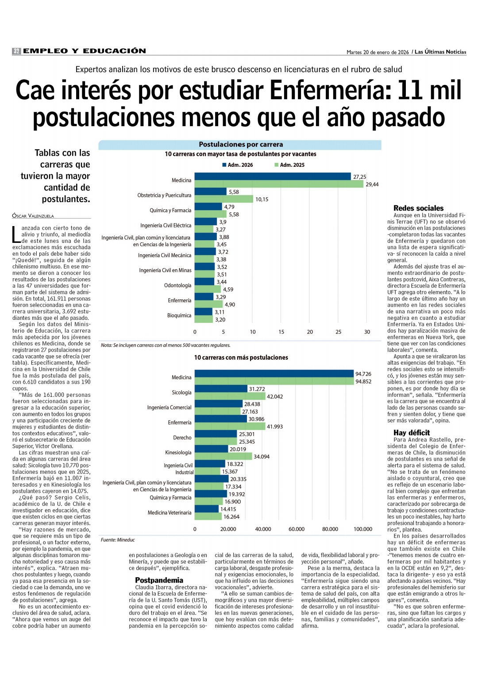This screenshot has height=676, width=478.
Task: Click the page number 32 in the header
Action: coord(16,51)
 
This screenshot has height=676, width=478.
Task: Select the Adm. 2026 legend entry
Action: coord(238,165)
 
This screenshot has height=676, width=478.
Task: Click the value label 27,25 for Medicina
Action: coord(359,177)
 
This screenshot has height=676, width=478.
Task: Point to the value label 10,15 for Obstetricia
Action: coord(262,200)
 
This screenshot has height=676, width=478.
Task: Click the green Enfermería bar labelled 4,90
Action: coord(208,304)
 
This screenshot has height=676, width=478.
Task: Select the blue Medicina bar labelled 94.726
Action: coord(274,374)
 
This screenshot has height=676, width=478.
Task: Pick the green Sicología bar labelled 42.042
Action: coord(230,396)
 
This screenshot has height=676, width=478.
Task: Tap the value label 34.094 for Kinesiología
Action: coord(261,457)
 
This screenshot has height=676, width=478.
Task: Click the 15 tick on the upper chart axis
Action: coord(281,332)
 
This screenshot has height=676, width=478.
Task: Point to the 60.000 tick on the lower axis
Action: coord(297,529)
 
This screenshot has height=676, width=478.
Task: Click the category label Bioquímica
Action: coord(179,315)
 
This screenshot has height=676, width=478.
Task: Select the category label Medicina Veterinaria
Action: coord(170,513)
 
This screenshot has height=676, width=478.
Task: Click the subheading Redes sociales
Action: coord(418,208)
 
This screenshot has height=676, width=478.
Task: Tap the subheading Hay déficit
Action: coord(412,433)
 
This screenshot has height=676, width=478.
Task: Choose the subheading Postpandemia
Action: coord(159,580)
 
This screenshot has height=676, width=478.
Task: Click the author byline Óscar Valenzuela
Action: coord(33,216)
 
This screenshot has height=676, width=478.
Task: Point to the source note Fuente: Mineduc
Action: coord(118,540)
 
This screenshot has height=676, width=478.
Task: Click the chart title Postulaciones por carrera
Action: coord(241,145)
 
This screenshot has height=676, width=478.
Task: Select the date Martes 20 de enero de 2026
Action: coord(378,52)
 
